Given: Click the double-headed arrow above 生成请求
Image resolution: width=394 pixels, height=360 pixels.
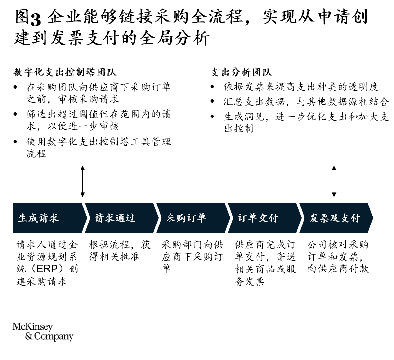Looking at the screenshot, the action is coord(82,181).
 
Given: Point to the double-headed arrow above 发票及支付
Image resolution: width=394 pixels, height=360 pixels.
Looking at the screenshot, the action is coord(334,181).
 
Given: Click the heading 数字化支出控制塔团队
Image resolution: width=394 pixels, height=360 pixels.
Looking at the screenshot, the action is coord(65,72).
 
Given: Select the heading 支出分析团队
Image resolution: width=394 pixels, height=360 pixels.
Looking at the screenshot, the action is coord(241,72).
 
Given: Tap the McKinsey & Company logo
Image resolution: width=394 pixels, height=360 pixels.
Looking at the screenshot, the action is coord(43,332).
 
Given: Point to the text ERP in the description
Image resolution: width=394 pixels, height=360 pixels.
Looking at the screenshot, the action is coord(47,269).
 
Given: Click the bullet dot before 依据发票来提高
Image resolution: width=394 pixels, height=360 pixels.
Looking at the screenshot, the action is coord(212,87).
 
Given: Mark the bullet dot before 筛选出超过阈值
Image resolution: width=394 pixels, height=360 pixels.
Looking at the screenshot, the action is coord(15,114).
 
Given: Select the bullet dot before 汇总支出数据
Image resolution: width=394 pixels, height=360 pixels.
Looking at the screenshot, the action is coord(212,101).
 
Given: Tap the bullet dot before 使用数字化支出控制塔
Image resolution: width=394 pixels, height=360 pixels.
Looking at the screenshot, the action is coord(15,142).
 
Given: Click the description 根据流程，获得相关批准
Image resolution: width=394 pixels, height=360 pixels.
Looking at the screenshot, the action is coord(120,251).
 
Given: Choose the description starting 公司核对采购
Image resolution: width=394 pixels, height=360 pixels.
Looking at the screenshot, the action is coord(338,256).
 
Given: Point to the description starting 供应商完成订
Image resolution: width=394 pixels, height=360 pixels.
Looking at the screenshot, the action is coord(265,263).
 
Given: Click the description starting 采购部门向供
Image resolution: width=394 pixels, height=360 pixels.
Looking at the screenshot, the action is coord(192,256).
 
